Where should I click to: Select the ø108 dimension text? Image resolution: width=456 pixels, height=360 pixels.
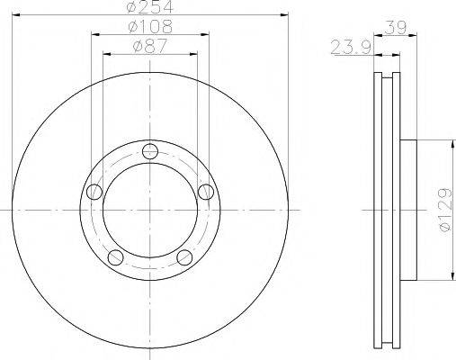tap(150, 28)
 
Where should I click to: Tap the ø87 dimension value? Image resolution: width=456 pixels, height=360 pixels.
tap(150, 47)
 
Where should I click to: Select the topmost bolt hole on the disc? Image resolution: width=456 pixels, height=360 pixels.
tap(149, 151)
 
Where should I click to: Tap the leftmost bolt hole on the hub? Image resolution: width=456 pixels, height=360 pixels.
tap(93, 191)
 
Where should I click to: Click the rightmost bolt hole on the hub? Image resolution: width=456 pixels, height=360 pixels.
tap(206, 191)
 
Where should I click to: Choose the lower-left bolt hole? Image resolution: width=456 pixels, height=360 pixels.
tap(114, 258)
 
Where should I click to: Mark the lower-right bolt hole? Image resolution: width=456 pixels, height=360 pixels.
tap(184, 258)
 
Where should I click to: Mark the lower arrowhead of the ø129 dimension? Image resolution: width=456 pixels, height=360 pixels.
tap(447, 279)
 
